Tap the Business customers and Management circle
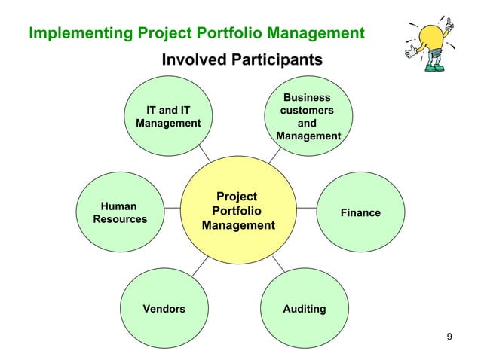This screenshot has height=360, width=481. click(x=308, y=116)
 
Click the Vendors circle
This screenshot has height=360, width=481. click(x=164, y=309)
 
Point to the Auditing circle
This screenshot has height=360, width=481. click(x=305, y=309)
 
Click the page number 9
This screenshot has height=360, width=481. click(x=450, y=336)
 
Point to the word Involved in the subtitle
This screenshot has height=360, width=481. click(x=191, y=59)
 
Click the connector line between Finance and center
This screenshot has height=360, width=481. click(x=307, y=206)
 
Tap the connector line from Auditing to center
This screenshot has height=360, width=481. click(x=277, y=264)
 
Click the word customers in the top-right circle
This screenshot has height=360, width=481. click(x=307, y=111)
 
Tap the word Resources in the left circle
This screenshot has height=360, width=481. click(x=120, y=220)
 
